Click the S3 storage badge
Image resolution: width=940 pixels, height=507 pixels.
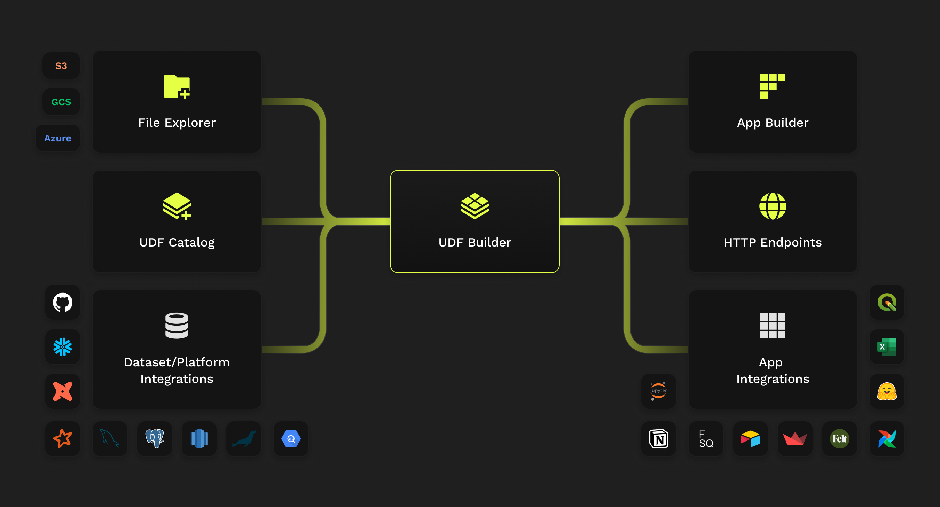(61, 66)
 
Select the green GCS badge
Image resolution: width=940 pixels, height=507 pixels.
(61, 102)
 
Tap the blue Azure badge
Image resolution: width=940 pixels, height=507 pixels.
(58, 138)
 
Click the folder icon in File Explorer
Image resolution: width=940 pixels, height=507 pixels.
(177, 86)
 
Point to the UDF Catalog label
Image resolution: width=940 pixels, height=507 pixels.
(177, 242)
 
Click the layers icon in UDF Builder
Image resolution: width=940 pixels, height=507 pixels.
(475, 206)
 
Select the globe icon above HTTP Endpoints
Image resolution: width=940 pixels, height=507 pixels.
(773, 206)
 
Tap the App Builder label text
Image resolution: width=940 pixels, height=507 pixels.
(773, 123)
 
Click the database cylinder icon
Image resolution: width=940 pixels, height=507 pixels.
(177, 326)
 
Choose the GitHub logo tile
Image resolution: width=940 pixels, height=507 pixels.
(62, 302)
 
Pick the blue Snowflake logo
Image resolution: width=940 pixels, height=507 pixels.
(62, 347)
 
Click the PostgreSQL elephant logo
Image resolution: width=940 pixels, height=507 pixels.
(154, 438)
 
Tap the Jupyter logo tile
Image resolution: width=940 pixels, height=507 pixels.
(658, 391)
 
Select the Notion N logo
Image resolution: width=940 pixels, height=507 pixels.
(658, 438)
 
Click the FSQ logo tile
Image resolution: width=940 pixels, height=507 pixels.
(706, 438)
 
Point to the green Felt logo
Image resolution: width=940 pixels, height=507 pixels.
(839, 438)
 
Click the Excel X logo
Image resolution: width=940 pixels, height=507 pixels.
(887, 347)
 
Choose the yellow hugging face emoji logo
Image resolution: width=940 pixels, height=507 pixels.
(887, 391)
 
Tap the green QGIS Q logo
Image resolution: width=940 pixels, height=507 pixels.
(887, 302)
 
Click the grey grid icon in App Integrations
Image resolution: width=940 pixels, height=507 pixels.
(773, 326)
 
